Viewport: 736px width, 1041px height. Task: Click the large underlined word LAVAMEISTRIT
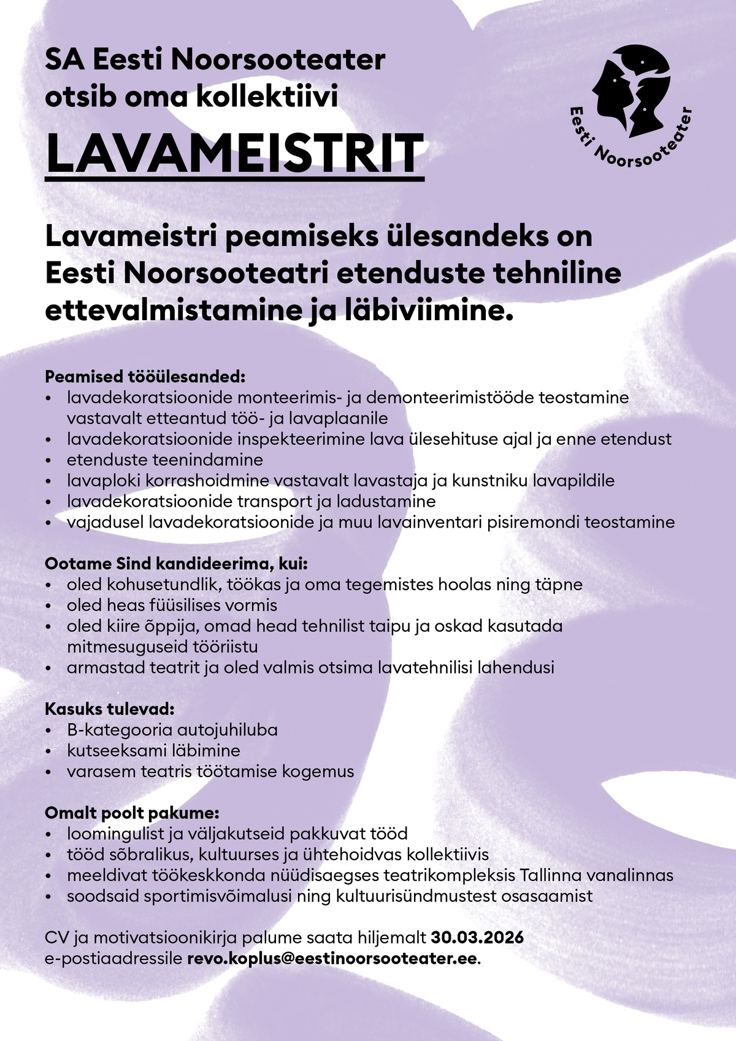235,154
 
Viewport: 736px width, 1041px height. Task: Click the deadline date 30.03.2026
477,938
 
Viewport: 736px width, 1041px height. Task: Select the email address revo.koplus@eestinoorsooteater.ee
331,959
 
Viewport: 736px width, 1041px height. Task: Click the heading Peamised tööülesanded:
145,375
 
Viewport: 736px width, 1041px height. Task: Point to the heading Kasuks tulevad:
110,709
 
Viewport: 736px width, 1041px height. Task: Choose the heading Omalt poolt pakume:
132,813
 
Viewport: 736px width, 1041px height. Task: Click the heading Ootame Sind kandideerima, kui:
176,563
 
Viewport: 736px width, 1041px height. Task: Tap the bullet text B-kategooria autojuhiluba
172,730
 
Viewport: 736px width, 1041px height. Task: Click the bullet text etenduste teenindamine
164,459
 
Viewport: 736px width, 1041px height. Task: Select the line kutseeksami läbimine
153,750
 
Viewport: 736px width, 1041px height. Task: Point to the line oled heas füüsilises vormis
172,605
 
